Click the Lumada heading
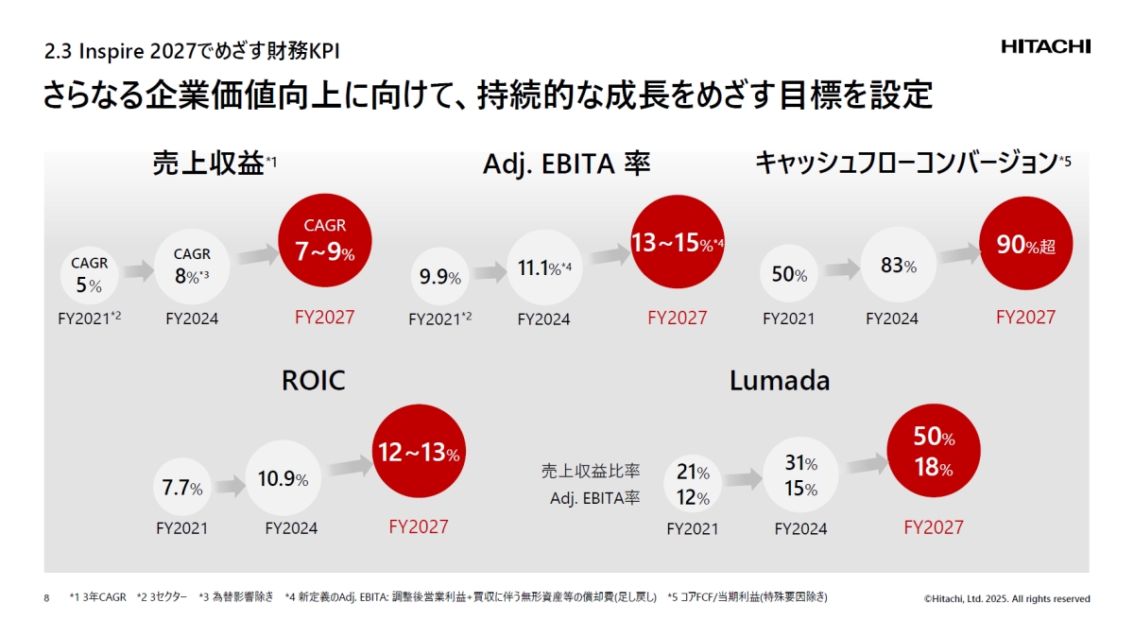(780, 381)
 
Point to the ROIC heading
(313, 381)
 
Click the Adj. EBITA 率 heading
(566, 164)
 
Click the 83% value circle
(898, 267)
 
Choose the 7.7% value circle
(182, 489)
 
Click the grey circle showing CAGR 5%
(89, 275)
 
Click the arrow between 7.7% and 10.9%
(230, 486)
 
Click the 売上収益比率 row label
(591, 470)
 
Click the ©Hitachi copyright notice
(1006, 598)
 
